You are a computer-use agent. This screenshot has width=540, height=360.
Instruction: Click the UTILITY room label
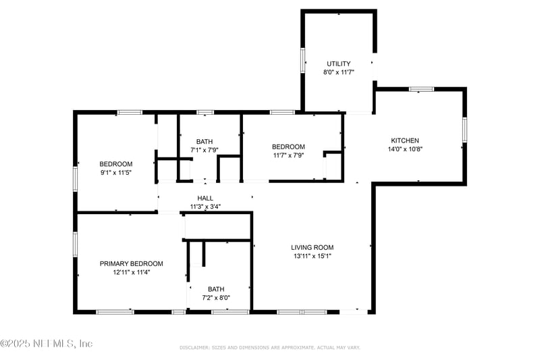point(339,63)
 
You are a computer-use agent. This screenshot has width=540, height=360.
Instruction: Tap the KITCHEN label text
point(405,140)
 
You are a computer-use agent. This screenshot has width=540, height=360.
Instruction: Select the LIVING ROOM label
point(313,247)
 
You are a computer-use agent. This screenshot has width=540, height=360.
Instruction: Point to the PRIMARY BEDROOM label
point(131,263)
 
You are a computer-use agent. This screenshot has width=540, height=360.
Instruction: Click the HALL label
point(205,198)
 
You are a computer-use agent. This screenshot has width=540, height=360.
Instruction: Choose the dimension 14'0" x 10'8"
point(405,149)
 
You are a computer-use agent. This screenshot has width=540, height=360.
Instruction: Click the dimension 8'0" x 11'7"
point(339,72)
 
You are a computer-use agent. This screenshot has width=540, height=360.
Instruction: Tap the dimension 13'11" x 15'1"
point(313,256)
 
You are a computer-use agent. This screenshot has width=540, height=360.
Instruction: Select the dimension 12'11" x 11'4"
point(131,272)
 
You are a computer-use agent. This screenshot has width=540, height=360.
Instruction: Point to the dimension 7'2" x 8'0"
point(216,298)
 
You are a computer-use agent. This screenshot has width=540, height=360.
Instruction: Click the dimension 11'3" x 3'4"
point(205,207)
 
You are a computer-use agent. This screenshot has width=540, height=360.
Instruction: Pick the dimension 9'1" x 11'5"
point(116,173)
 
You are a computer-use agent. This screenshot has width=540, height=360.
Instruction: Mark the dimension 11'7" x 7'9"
point(288,155)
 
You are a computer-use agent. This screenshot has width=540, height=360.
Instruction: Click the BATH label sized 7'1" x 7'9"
point(205,142)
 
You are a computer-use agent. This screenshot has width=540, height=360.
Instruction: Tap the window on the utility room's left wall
point(302,60)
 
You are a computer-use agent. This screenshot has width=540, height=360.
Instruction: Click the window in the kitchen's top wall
point(421,89)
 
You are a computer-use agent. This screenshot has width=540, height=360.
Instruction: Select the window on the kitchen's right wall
point(464,130)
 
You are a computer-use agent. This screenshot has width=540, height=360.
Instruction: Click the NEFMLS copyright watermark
point(46,344)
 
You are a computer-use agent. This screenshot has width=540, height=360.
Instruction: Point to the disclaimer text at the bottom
point(269,348)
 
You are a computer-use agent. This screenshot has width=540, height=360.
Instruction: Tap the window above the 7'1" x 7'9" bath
point(205,112)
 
